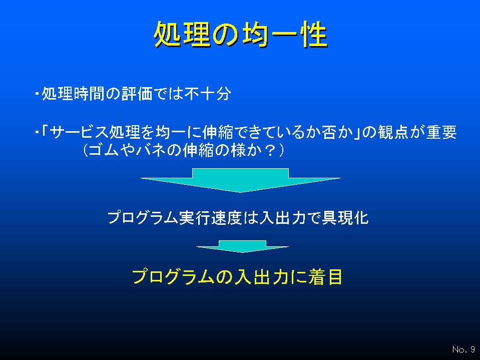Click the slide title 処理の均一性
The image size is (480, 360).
(x=241, y=34)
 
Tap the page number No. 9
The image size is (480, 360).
(x=463, y=349)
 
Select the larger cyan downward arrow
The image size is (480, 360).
(x=240, y=180)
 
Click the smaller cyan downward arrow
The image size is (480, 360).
(x=242, y=246)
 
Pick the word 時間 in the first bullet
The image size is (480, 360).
(x=89, y=94)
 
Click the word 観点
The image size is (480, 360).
(x=393, y=132)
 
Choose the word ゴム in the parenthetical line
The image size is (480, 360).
(x=104, y=150)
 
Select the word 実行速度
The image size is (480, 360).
(x=210, y=218)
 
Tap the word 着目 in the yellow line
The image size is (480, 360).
(x=325, y=277)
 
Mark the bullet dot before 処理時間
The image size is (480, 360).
(x=37, y=93)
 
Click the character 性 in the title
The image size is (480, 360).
(x=315, y=34)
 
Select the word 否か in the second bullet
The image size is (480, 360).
(x=337, y=132)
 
